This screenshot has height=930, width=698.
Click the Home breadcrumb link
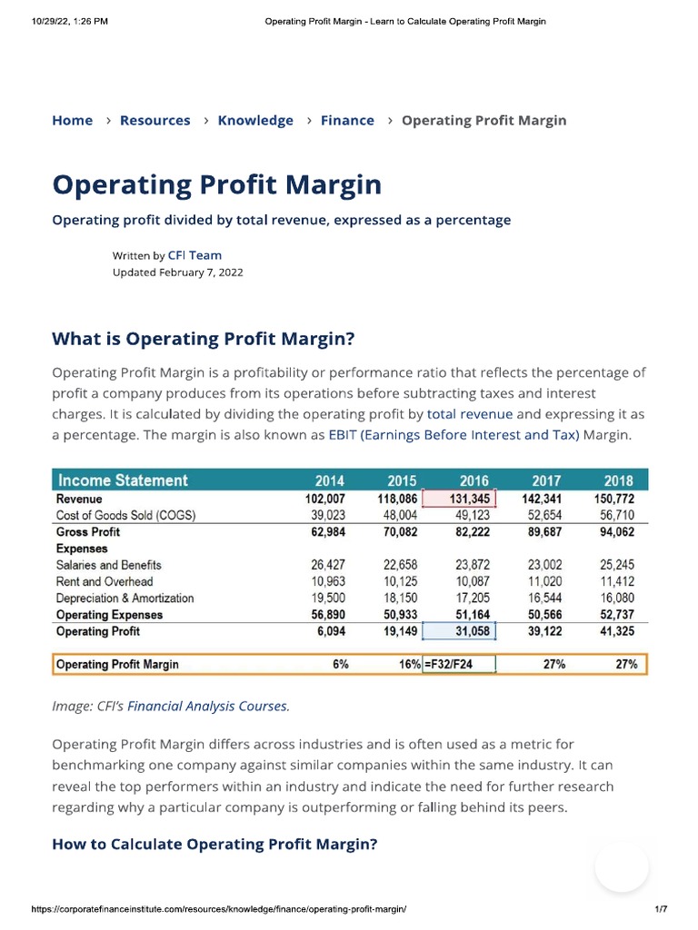click(73, 120)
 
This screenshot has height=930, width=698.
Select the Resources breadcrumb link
click(155, 120)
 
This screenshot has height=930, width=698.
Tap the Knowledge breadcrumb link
click(255, 120)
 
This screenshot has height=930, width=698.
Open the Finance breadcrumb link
click(347, 120)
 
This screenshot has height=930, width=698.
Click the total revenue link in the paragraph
click(470, 413)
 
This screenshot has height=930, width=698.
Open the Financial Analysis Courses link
click(208, 706)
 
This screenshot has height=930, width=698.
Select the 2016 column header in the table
click(474, 480)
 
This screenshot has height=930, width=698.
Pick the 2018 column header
click(618, 480)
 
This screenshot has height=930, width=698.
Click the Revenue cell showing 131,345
click(471, 499)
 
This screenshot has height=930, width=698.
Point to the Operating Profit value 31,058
click(471, 631)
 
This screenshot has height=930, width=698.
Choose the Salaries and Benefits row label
click(108, 565)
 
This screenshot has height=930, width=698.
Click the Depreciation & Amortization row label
click(125, 599)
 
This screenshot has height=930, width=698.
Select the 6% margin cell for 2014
click(341, 665)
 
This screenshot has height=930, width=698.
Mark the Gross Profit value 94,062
click(617, 532)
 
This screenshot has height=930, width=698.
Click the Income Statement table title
click(123, 480)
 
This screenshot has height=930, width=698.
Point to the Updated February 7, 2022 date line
click(178, 272)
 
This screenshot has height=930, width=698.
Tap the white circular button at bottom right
click(622, 867)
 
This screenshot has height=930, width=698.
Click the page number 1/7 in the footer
click(661, 909)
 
